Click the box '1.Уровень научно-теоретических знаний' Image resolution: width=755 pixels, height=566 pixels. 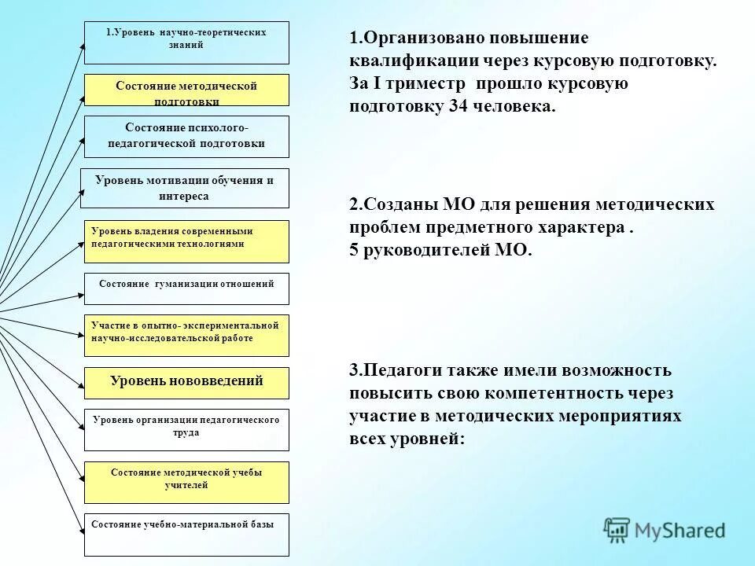coord(186,42)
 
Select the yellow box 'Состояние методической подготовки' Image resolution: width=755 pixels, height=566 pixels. coord(186,90)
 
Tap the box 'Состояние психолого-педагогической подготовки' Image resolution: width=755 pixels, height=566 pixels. coord(186,136)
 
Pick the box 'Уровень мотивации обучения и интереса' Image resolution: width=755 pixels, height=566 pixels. coord(185,188)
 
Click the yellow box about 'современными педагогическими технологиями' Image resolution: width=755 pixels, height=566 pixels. coord(186,241)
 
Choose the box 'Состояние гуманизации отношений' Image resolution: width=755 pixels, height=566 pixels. coord(186,289)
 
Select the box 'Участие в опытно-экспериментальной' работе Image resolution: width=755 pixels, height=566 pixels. coord(186,335)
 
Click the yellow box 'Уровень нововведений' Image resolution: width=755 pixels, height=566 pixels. coord(186,382)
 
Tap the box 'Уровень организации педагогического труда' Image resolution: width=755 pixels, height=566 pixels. coord(186,429)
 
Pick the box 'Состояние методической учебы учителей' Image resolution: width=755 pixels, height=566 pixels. coord(186,482)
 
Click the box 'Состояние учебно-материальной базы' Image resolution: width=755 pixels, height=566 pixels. coord(186,535)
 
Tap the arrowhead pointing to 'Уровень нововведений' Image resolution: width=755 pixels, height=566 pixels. coord(80,384)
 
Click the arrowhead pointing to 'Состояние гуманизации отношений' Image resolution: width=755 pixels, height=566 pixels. coord(80,295)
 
